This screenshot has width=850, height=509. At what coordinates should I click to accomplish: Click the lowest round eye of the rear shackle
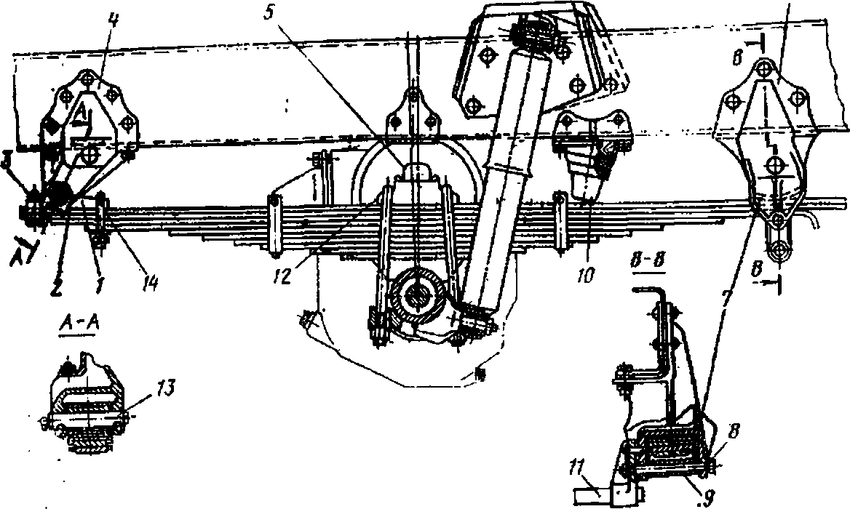tap(779, 251)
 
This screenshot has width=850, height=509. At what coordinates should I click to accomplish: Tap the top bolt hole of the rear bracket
tap(763, 68)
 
